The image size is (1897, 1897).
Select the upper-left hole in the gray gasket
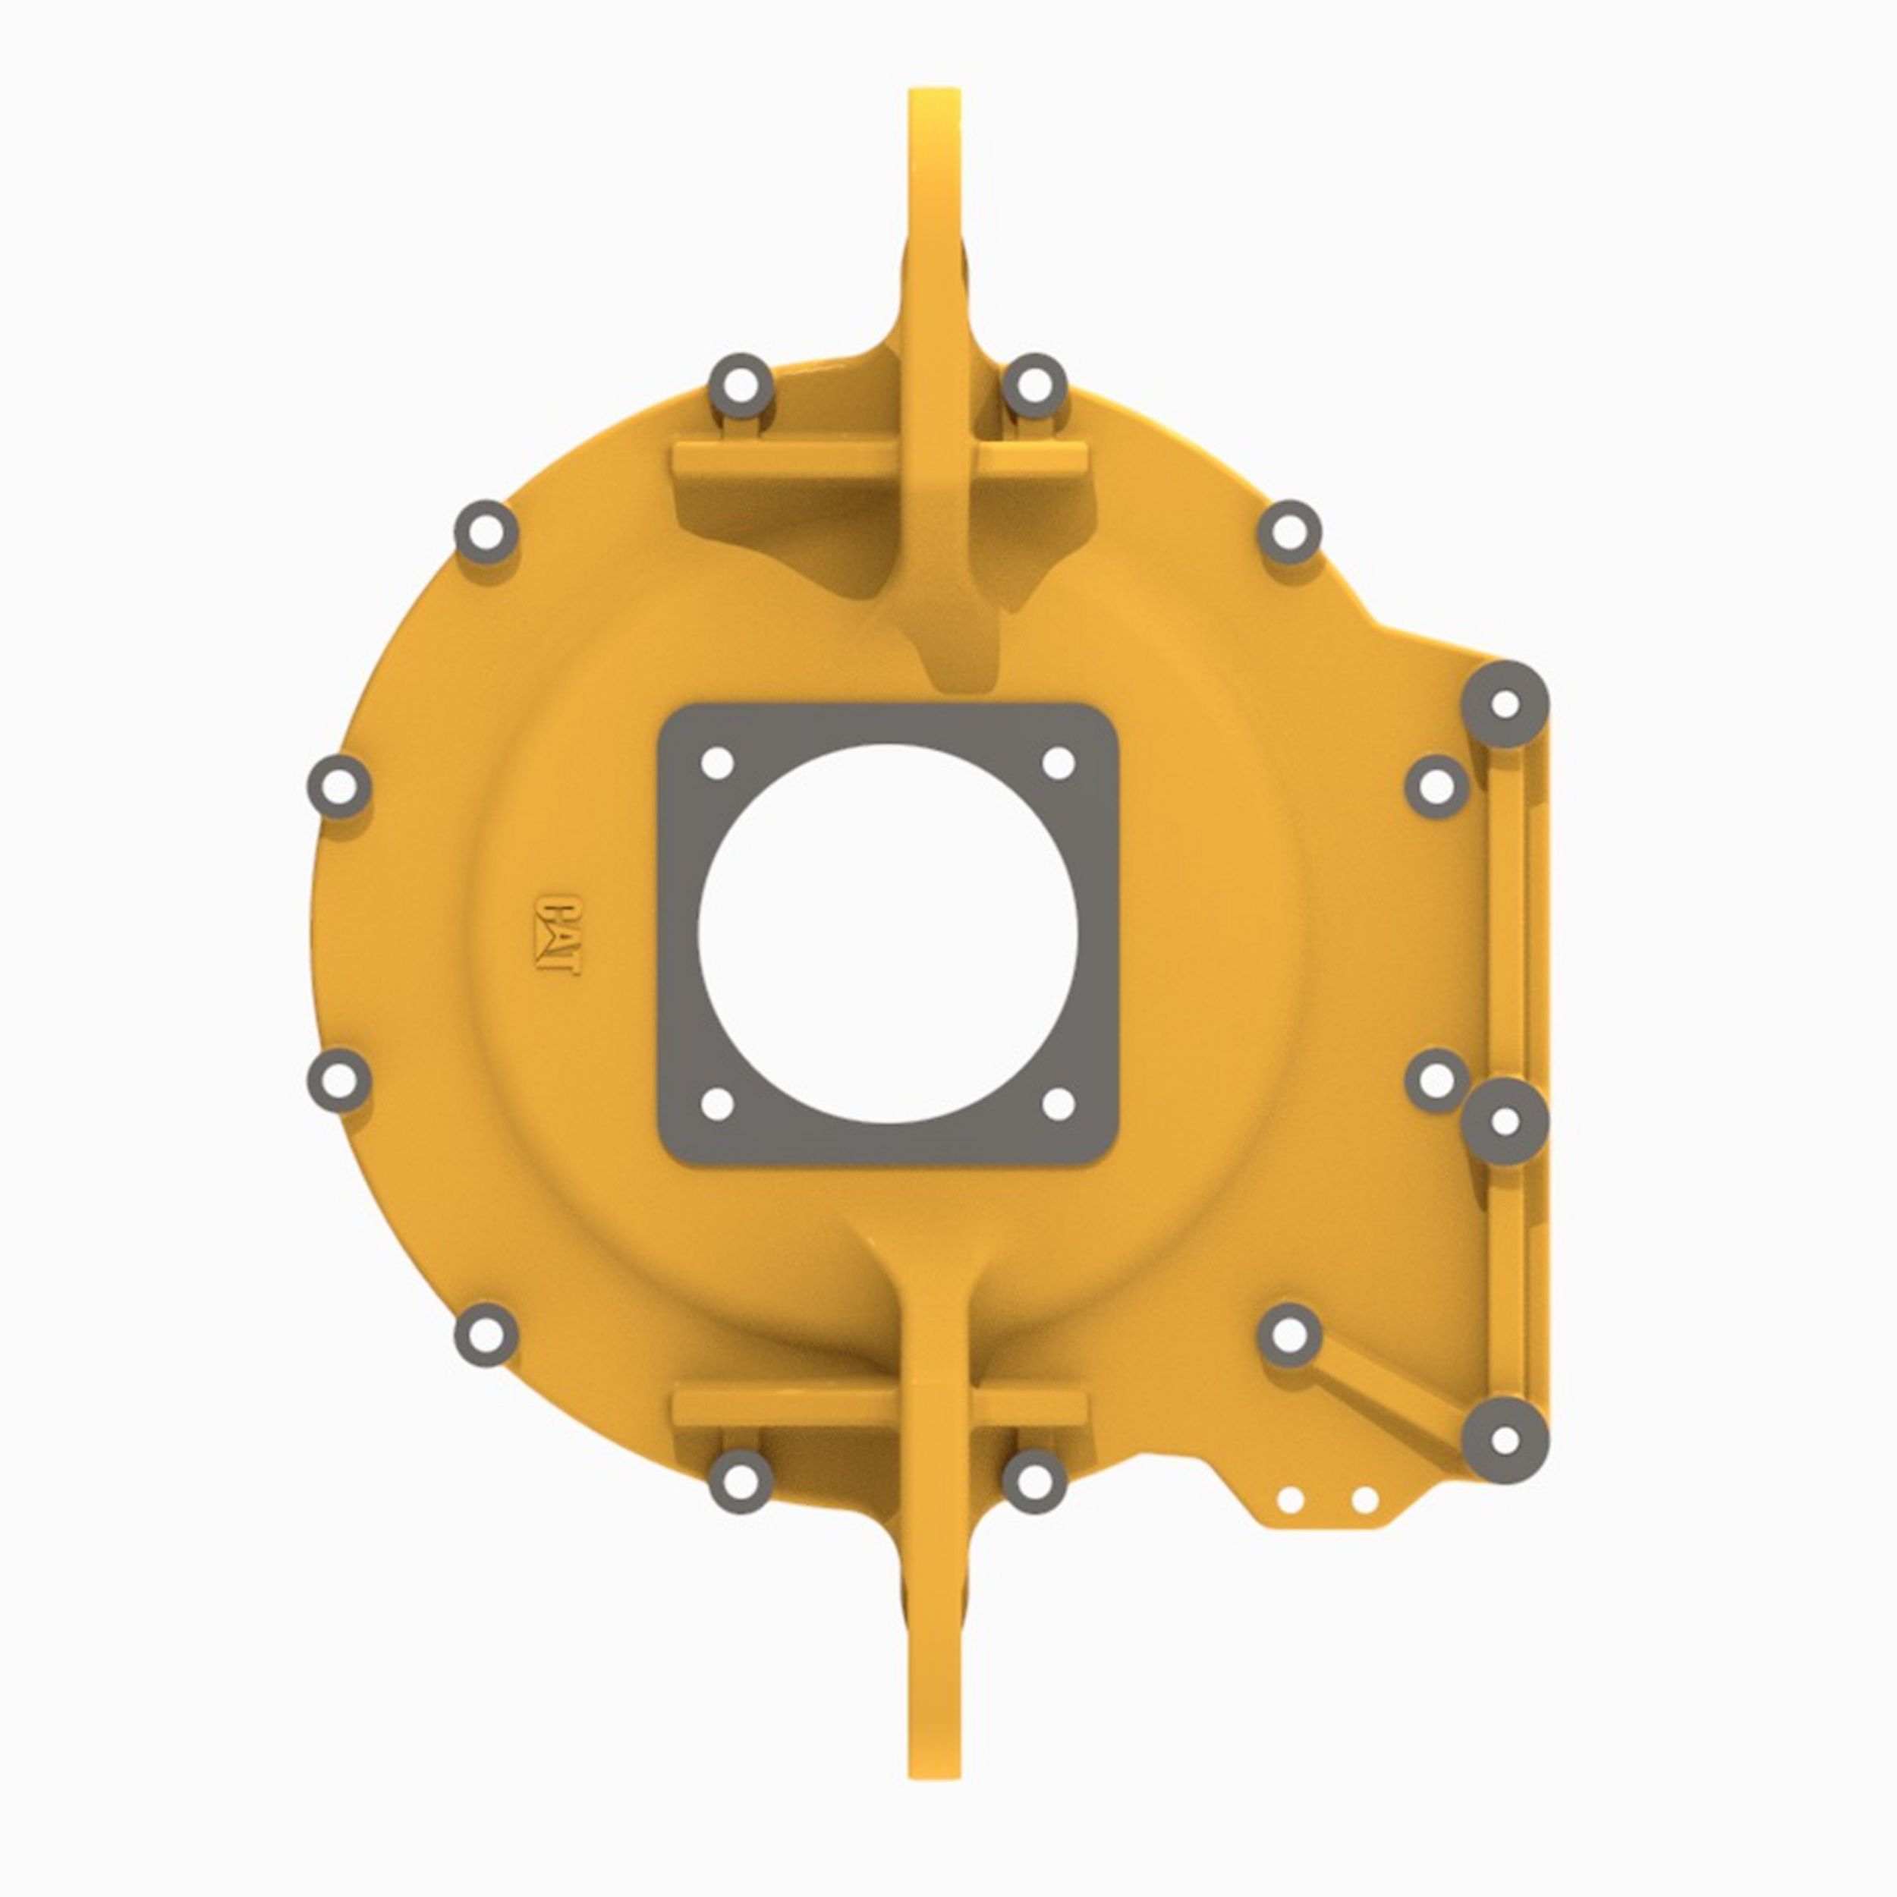pyautogui.click(x=718, y=763)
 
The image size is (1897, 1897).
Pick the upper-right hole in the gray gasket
pyautogui.click(x=1059, y=763)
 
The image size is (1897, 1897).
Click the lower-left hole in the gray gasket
pyautogui.click(x=718, y=1103)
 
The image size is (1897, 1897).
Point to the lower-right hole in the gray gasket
pyautogui.click(x=1059, y=1103)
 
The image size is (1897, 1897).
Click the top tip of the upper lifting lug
pyautogui.click(x=935, y=91)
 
